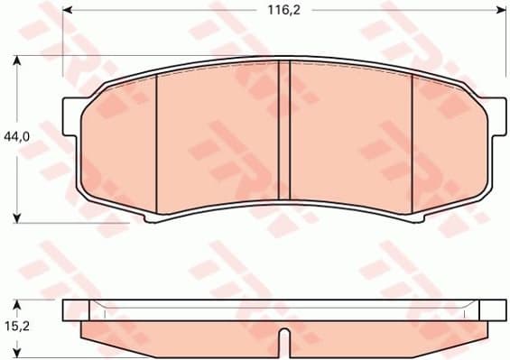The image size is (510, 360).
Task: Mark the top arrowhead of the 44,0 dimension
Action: [x=18, y=60]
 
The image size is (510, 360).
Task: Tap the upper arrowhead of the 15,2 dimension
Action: [x=18, y=304]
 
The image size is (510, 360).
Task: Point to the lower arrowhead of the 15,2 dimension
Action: [x=18, y=354]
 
